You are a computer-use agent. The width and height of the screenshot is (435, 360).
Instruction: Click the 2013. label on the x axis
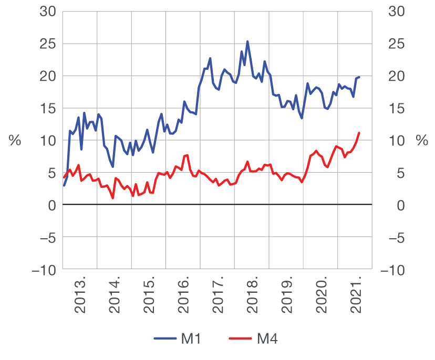pos(81,298)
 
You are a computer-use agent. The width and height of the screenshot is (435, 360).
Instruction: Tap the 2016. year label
pos(184,298)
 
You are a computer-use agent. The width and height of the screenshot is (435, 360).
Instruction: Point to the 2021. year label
pos(356,298)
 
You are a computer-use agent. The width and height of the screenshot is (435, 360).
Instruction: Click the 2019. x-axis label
pos(287,298)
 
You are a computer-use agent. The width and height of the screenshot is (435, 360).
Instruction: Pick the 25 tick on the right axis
pos(393,44)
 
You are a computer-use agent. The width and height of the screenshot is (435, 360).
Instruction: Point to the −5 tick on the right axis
pos(391,238)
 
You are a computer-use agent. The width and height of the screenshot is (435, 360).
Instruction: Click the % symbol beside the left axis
pos(15,140)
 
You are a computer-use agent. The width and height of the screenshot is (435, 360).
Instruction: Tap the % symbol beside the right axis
pos(421,140)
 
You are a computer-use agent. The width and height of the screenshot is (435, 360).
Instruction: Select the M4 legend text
pos(267,340)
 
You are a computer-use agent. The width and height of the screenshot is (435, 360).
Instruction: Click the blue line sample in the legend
pos(165,340)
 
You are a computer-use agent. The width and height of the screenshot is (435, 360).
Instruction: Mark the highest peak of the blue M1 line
pos(247,41)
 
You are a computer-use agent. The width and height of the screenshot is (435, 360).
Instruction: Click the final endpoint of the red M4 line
pos(359,133)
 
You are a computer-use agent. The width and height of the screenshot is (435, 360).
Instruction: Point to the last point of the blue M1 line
pos(359,77)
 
